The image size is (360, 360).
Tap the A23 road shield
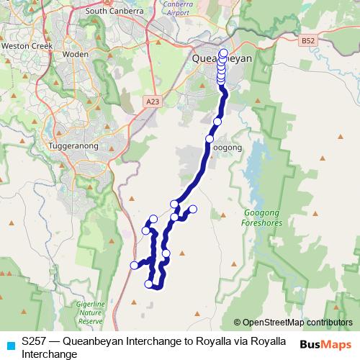pos(151,102)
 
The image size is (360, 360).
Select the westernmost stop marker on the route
pos(134,266)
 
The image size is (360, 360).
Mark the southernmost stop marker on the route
pos(150,284)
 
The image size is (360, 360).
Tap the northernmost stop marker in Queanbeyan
pos(223,52)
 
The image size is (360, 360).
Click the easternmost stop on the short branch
pos(193,210)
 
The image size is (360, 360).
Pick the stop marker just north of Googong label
pos(210,138)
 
